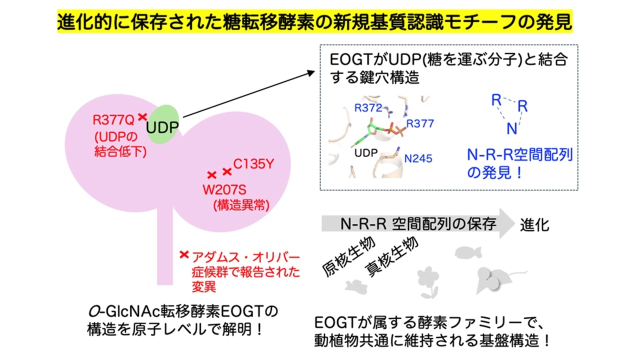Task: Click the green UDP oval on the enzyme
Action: pos(162,124)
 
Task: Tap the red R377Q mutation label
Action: pos(113,120)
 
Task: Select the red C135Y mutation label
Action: pos(253,164)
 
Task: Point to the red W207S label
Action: pos(224,189)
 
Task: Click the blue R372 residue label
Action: pos(368,107)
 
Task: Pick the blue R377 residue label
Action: pos(420,123)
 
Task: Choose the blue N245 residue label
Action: pos(418,158)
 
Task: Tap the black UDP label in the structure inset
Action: pos(366,153)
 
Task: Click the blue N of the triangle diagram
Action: pos(511,129)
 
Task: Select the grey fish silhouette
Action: pos(468,252)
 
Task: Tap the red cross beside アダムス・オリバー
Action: pos(184,254)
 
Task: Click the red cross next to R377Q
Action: pos(142,117)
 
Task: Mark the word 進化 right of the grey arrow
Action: pos(534,225)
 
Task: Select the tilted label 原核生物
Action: pos(348,256)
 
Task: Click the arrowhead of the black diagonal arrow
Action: pos(311,72)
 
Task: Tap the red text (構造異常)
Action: pos(241,205)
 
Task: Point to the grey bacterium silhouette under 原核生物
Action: pos(356,287)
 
